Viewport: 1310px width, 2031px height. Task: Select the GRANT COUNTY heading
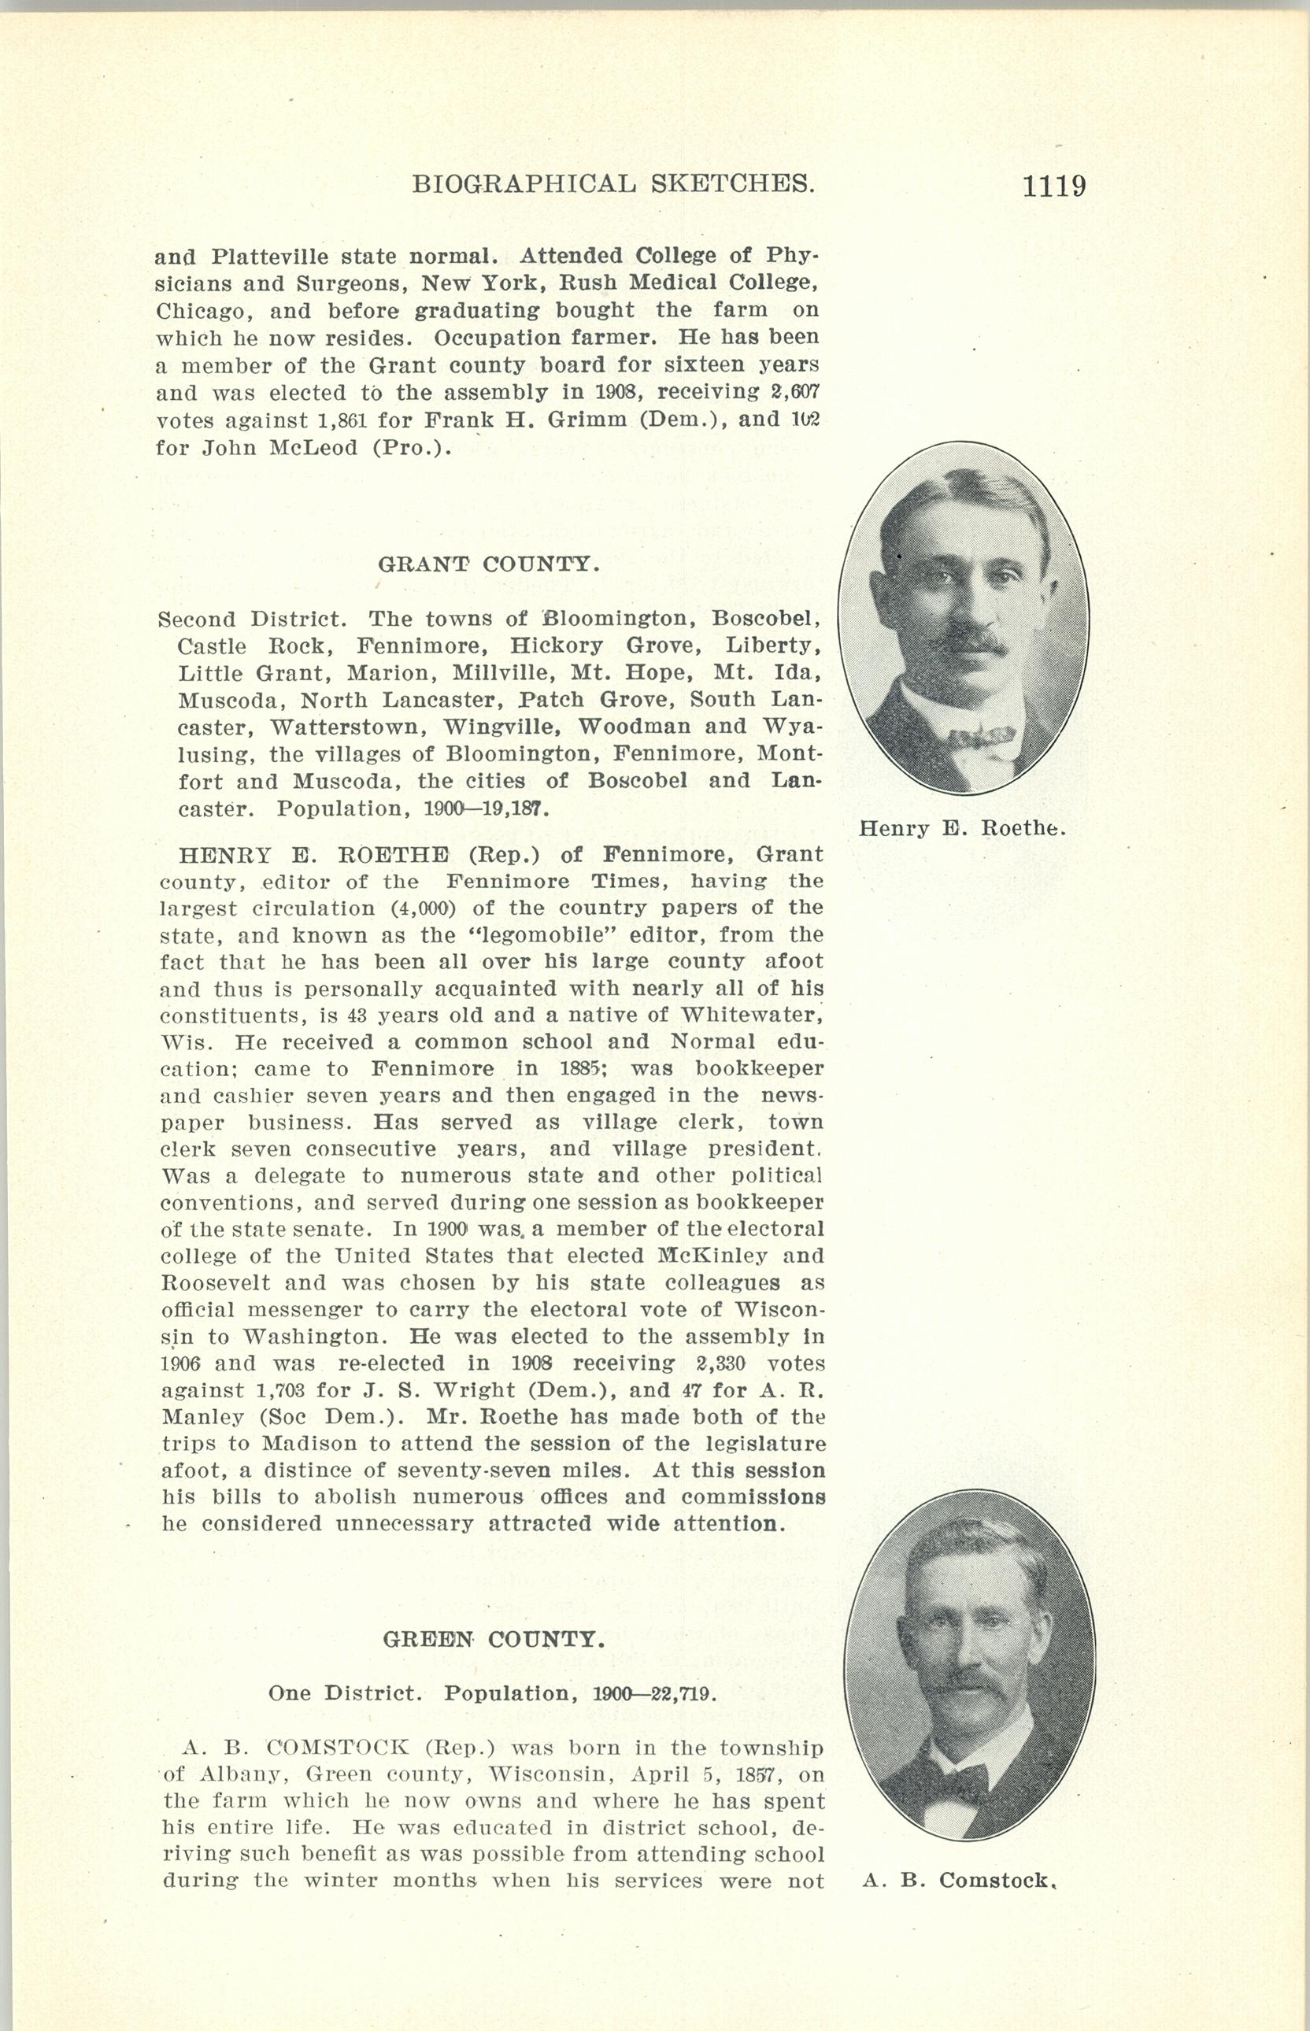point(489,564)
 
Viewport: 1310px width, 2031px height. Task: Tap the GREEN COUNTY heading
point(494,1639)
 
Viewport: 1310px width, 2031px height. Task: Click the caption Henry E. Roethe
point(962,827)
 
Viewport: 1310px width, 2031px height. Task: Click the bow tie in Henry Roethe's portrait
point(982,734)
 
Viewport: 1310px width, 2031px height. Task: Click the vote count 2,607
point(791,392)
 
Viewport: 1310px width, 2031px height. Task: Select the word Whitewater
point(749,1015)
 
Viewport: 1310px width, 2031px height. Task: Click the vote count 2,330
point(720,1363)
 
